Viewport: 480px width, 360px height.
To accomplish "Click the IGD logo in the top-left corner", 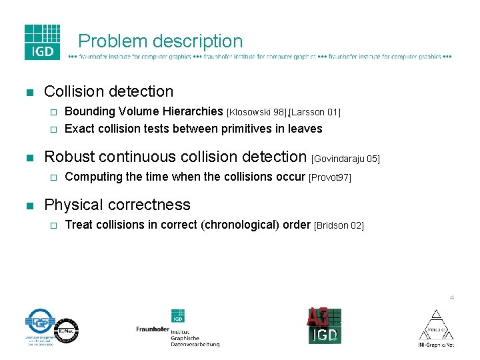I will [x=42, y=42].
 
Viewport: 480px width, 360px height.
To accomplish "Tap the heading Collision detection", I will [x=108, y=91].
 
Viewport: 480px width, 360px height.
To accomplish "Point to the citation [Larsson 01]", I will [x=316, y=112].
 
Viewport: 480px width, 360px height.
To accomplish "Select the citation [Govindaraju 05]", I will [x=345, y=159].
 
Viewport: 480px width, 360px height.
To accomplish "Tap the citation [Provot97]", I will [x=329, y=178].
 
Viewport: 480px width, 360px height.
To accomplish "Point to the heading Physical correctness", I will [x=117, y=205].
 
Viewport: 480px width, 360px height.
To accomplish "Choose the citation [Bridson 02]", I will [x=339, y=226].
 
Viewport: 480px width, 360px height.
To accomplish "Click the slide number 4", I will [x=451, y=297].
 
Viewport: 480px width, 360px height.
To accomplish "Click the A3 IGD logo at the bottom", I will [x=324, y=326].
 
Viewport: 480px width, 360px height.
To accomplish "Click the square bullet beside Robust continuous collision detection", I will [x=29, y=158].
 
